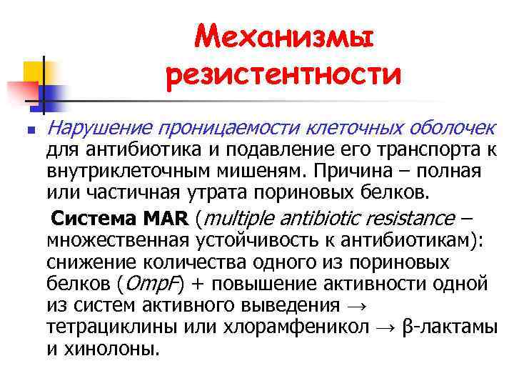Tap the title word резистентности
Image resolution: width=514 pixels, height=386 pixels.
(283, 74)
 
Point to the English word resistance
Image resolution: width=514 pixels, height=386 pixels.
(414, 218)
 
